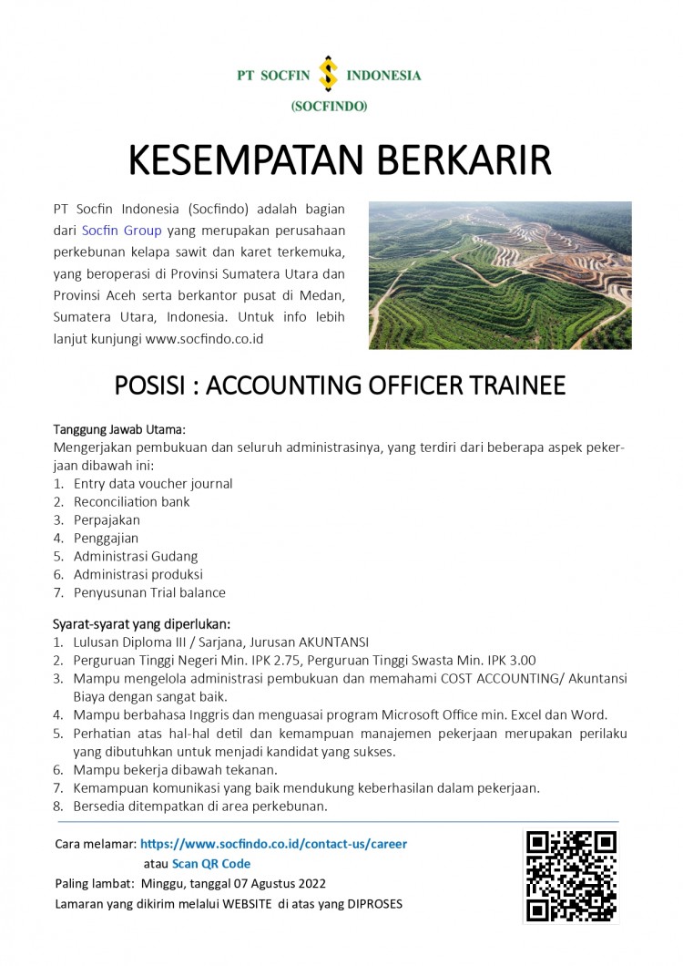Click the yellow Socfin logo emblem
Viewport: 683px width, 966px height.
click(327, 75)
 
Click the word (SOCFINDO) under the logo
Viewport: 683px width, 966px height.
click(329, 107)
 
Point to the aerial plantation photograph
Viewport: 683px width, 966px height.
click(500, 276)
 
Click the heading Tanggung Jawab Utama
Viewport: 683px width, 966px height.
click(118, 429)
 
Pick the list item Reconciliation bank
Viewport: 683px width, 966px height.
click(132, 501)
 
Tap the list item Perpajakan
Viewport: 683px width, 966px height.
click(107, 519)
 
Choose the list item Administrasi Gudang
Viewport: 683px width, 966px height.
click(136, 556)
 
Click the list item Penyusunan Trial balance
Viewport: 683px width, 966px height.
click(149, 592)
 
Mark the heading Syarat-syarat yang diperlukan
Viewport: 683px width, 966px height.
click(141, 624)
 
